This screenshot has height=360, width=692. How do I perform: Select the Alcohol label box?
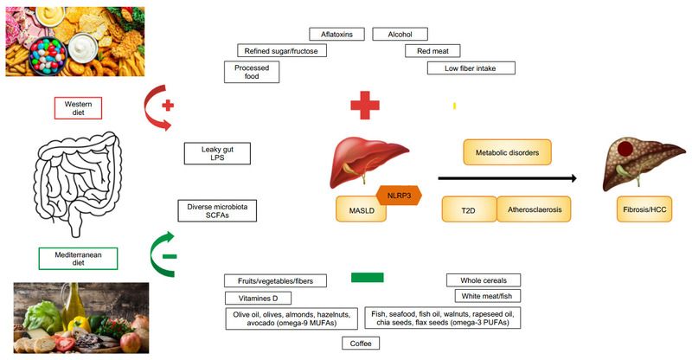click(x=400, y=35)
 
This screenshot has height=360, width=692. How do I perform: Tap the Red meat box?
click(x=432, y=51)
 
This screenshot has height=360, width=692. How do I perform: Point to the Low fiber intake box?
click(x=471, y=67)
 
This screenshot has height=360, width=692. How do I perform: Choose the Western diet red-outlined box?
click(x=78, y=108)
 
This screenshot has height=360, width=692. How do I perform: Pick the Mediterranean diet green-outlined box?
click(x=78, y=258)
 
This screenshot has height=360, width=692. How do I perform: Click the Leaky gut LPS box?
click(x=218, y=153)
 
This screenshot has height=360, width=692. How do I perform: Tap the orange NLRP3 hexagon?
click(x=399, y=196)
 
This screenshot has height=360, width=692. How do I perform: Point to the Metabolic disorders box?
click(x=507, y=153)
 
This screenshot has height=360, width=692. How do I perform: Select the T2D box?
click(x=468, y=210)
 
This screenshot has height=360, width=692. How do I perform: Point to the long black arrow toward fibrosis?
click(x=507, y=178)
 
